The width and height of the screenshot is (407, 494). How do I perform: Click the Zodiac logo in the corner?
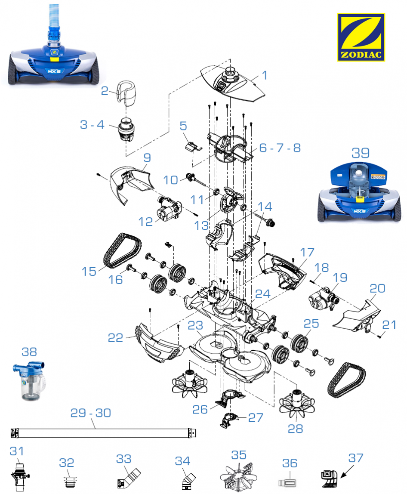pyautogui.click(x=361, y=37)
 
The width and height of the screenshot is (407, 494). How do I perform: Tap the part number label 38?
pyautogui.click(x=29, y=352)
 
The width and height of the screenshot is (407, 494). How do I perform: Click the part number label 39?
pyautogui.click(x=361, y=152)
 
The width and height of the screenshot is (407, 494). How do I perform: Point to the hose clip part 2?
pyautogui.click(x=124, y=93)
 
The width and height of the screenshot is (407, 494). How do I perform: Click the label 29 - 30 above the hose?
pyautogui.click(x=91, y=413)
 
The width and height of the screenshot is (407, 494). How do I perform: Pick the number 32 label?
pyautogui.click(x=67, y=463)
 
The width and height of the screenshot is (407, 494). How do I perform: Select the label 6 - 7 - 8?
pyautogui.click(x=279, y=148)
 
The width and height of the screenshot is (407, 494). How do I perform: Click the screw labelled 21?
pyautogui.click(x=379, y=337)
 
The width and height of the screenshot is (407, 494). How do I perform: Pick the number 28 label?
pyautogui.click(x=296, y=429)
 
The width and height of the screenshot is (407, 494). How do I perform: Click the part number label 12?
pyautogui.click(x=146, y=222)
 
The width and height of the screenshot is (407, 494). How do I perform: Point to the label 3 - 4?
pyautogui.click(x=92, y=125)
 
